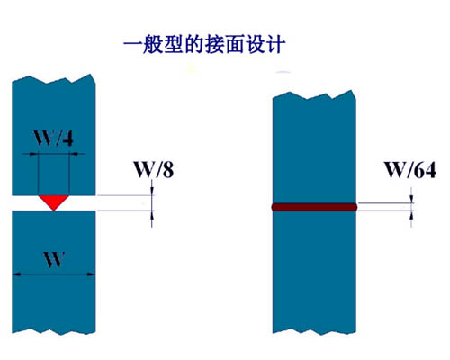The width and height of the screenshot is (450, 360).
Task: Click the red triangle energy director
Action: pos(54,202)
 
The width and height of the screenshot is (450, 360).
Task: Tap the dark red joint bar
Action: pos(314,207)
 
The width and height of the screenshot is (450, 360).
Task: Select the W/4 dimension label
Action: pos(53,138)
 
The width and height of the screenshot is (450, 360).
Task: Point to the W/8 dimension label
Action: pos(154,169)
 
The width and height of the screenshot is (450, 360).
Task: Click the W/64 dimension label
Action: pos(410,170)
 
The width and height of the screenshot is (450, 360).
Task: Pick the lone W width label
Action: pos(54,260)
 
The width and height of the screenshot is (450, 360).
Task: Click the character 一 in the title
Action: pos(132,45)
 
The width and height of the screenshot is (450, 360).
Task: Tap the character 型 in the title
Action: pos(173,45)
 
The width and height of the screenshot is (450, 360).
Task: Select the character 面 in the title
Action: pos(235,45)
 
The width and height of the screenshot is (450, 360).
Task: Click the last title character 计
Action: pos(275,45)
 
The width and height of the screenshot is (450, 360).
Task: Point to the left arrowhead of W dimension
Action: pos(16,274)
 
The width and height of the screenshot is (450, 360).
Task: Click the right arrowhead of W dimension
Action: pos(91,274)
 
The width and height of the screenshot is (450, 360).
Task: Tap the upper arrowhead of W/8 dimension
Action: pos(152,192)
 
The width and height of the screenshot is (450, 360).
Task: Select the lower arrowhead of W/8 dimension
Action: pos(152,215)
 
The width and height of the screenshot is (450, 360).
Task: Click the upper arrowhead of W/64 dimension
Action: pos(411,199)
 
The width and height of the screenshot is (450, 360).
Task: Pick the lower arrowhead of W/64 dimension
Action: pos(411,215)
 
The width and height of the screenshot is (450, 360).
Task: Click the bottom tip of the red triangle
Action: pos(54,211)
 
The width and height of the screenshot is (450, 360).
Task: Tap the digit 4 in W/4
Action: pos(68,139)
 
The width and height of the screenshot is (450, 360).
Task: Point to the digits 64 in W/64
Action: pos(424,170)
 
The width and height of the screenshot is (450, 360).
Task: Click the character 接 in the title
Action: pos(214,45)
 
